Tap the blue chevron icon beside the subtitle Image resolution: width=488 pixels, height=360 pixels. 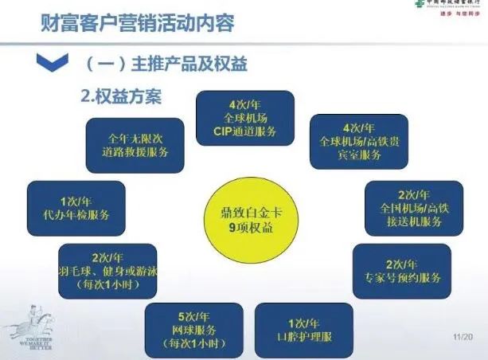tap(50, 61)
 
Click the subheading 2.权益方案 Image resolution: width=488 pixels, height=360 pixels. tap(122, 97)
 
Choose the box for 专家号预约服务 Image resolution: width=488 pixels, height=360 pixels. tap(400, 271)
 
